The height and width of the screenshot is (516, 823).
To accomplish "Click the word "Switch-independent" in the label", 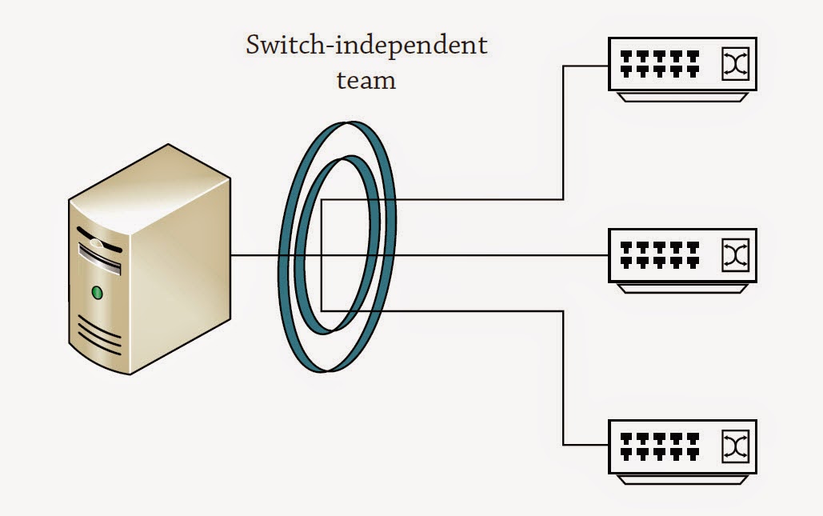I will coord(366,46).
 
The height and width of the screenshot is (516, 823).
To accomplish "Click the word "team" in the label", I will coord(366,81).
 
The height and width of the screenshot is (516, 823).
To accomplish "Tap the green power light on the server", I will coord(98,293).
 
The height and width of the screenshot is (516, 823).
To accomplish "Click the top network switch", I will coord(682,67).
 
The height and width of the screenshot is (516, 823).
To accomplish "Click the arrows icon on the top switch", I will coord(734,64).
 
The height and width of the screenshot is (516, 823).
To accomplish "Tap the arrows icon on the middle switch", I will coord(734,254).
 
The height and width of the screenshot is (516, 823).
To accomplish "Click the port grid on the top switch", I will coord(660,64).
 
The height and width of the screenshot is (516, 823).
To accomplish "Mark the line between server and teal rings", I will coord(256,256).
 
